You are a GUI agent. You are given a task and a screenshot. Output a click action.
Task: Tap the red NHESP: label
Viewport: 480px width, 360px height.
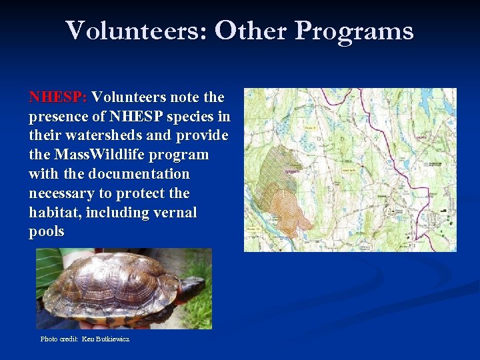pyautogui.click(x=57, y=97)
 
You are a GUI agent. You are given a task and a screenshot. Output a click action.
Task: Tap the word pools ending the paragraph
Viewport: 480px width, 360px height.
pyautogui.click(x=47, y=232)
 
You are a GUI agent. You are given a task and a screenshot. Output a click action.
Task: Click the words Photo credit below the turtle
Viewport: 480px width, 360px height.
pyautogui.click(x=59, y=339)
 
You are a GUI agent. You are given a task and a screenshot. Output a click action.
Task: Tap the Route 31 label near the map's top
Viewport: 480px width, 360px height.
pyautogui.click(x=310, y=127)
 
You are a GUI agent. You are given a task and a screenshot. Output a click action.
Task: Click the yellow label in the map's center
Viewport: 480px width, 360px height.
pyautogui.click(x=347, y=170)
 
